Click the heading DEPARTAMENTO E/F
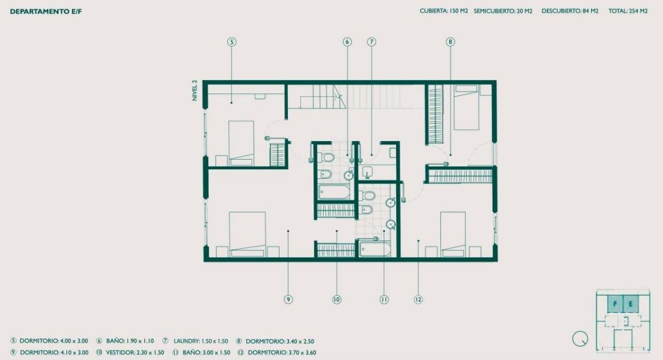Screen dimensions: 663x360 point(45,11)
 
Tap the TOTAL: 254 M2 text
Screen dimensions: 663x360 point(628,11)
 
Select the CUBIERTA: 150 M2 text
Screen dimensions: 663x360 point(443,11)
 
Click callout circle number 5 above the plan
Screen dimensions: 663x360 point(232,42)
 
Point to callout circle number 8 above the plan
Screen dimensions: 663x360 point(450,42)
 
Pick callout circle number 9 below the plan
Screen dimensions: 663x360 point(288,300)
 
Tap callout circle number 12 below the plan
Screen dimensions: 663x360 point(418,300)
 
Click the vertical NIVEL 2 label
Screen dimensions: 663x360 point(194,90)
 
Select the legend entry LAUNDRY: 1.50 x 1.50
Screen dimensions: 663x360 point(195,341)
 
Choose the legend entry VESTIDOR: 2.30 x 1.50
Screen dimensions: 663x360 point(130,352)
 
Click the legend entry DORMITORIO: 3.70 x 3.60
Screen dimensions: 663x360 point(277,352)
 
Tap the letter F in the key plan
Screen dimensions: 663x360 point(615,304)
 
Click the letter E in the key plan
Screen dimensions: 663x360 point(631,304)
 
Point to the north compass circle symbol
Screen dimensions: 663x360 point(580,339)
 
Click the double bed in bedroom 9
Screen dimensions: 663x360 point(247,234)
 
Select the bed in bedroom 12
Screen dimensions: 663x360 point(453,234)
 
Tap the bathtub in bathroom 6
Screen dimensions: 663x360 point(334,192)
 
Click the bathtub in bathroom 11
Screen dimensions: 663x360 point(375,248)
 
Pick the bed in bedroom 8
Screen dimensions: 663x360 point(466,107)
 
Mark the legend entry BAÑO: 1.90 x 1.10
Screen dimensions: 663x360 point(125,341)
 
